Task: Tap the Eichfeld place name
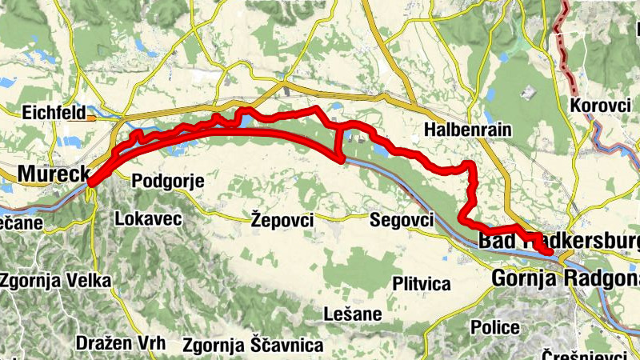click(54, 113)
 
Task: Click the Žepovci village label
click(281, 219)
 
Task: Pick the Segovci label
click(402, 219)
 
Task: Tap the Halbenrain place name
click(468, 130)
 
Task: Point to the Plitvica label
click(422, 283)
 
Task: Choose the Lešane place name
click(353, 313)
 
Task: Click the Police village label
click(495, 327)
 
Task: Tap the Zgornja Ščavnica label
click(253, 346)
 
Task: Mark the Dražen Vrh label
click(121, 343)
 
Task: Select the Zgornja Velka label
click(56, 281)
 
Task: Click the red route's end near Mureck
click(92, 182)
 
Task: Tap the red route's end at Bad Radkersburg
click(550, 254)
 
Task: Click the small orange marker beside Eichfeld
click(92, 118)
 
